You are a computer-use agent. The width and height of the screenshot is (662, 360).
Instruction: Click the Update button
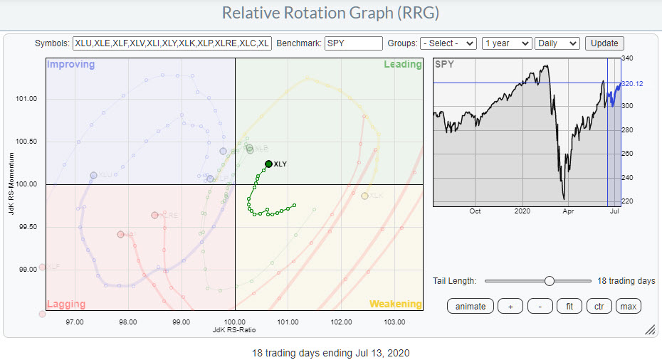604,43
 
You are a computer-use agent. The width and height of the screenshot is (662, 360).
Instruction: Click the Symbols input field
172,43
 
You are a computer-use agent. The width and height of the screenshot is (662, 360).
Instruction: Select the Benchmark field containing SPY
353,43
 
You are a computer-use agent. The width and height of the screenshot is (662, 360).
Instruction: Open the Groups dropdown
448,43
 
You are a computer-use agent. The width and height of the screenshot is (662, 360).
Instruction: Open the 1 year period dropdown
506,43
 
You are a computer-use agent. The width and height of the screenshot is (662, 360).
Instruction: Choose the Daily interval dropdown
557,43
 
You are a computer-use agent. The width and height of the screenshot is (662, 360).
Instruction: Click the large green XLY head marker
268,164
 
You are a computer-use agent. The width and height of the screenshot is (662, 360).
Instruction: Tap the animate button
471,306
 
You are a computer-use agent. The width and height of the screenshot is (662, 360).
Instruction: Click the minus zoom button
540,306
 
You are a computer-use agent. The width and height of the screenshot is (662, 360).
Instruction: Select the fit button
568,306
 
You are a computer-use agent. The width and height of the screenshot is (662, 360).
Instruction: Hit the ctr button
598,306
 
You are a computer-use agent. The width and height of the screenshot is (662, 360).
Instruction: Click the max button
628,306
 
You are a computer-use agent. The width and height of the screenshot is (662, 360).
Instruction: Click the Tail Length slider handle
549,281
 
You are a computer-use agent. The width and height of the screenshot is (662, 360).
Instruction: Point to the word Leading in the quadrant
402,65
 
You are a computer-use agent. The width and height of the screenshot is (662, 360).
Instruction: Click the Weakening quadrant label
395,304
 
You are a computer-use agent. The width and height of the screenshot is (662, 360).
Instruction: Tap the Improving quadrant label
70,65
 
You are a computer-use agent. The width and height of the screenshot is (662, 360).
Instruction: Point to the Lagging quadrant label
67,304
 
